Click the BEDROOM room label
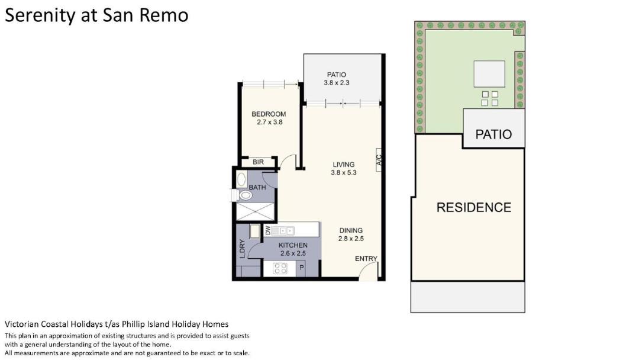pos(269,114)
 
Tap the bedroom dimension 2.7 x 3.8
pos(269,122)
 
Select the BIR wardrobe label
pos(258,162)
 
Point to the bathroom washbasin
pos(241,180)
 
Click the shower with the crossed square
pos(256,211)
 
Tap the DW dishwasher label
pos(267,230)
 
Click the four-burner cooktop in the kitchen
pos(280,268)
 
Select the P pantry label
pos(302,268)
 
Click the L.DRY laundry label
pos(242,249)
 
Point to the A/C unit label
pos(379,160)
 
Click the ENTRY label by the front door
pos(366,259)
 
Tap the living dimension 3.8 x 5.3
pos(344,172)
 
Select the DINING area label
pos(351,230)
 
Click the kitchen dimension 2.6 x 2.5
pos(293,253)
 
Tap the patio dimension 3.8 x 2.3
pos(337,82)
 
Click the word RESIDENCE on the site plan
pos(473,207)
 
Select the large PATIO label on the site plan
pos(493,134)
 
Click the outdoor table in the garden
pos(489,74)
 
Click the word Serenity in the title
pos(40,16)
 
